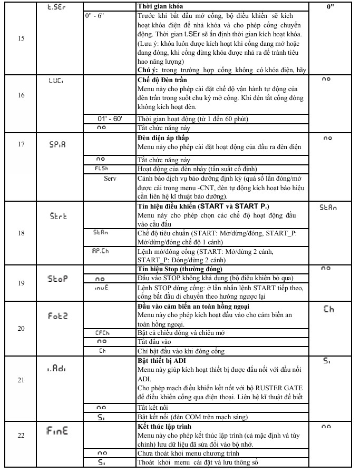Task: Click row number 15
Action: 21,38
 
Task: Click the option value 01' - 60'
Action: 110,119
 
